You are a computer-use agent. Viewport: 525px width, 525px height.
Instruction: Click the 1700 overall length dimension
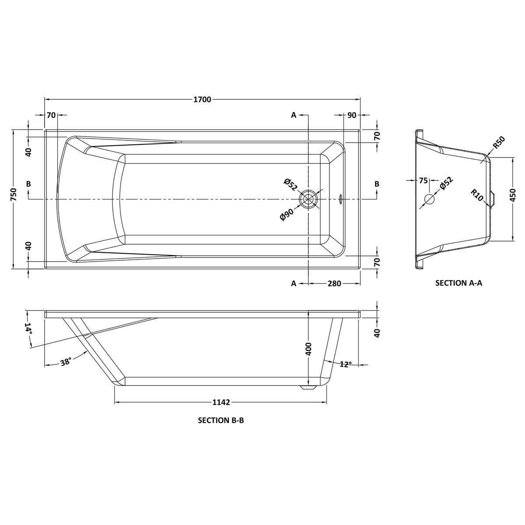[x=202, y=99]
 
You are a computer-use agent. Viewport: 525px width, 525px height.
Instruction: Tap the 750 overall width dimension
[x=14, y=195]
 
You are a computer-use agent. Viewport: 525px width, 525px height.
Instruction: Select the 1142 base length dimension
[x=221, y=402]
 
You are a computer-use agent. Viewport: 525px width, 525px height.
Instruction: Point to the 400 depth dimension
[x=308, y=349]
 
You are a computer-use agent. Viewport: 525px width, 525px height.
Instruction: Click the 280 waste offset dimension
[x=334, y=283]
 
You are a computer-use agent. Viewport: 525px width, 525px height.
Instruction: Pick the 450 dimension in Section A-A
[x=513, y=195]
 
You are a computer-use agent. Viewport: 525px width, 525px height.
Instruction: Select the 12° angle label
[x=346, y=364]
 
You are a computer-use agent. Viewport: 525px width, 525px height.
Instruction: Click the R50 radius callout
[x=499, y=142]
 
